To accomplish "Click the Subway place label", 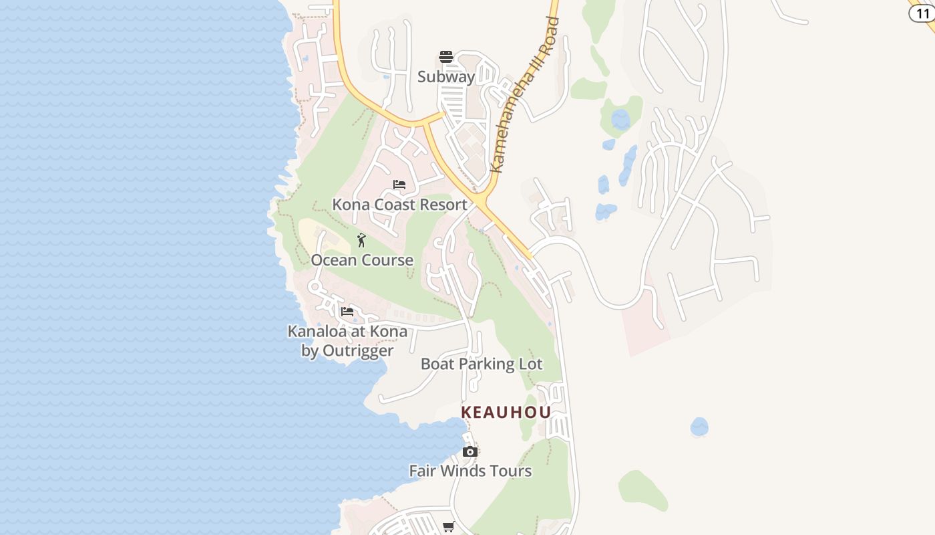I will (446, 77).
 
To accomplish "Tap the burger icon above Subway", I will (446, 57).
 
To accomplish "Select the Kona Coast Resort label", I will (399, 205).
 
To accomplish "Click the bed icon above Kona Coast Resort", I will (399, 185).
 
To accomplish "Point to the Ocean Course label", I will (362, 260).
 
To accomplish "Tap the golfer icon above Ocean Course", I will (361, 240).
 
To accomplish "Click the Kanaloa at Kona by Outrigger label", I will (347, 340).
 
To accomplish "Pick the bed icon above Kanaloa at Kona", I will (347, 312).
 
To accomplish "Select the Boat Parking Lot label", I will (482, 364).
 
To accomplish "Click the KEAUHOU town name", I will (506, 412).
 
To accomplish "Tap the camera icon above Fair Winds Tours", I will (470, 451).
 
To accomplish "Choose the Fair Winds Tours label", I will (470, 471).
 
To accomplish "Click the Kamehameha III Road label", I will (524, 96).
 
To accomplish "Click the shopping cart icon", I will (449, 527).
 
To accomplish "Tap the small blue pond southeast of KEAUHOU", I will (699, 427).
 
